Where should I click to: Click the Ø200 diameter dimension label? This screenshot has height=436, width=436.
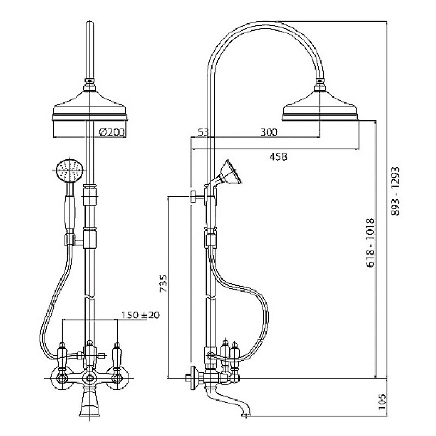[x=112, y=132]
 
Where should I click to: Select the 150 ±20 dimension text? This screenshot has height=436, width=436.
[x=141, y=315]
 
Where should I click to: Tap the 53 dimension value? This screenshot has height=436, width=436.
[x=203, y=132]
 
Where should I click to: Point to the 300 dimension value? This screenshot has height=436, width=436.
[x=269, y=132]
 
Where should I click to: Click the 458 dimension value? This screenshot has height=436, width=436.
[x=278, y=157]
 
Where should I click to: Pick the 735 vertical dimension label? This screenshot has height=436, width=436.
[x=163, y=283]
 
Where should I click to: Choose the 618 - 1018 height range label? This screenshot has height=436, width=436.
[x=370, y=243]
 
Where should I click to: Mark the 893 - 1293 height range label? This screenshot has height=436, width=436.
[x=395, y=191]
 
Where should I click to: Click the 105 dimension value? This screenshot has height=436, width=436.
[x=383, y=401]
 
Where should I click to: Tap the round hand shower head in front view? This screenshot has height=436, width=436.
[x=70, y=171]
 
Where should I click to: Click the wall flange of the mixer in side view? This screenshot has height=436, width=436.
[x=194, y=378]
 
